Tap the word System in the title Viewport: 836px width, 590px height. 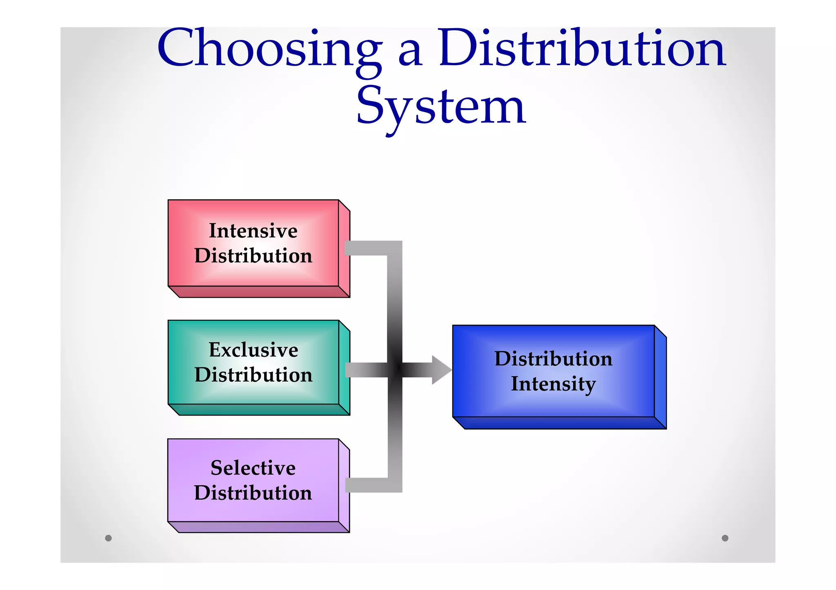[x=441, y=106]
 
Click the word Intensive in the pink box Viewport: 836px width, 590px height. [x=253, y=231]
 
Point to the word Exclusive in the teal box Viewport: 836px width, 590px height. [x=253, y=350]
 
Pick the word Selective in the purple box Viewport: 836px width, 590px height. [x=253, y=468]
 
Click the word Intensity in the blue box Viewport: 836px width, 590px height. [x=553, y=384]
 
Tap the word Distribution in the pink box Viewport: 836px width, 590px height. [x=253, y=256]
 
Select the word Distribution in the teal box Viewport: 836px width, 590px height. [x=253, y=375]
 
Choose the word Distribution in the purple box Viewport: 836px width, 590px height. [x=253, y=493]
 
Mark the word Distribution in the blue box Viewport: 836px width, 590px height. [x=554, y=359]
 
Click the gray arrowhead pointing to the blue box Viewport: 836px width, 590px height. [x=441, y=370]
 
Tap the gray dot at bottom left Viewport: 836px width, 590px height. [x=108, y=538]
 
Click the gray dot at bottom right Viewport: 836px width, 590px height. [x=725, y=538]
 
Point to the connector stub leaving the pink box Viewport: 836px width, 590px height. [x=365, y=248]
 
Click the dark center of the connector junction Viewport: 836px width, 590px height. [x=395, y=369]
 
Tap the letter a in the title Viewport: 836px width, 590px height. [x=409, y=53]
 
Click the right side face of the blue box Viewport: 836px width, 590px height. [x=660, y=377]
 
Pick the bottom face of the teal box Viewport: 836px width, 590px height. [x=259, y=409]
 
